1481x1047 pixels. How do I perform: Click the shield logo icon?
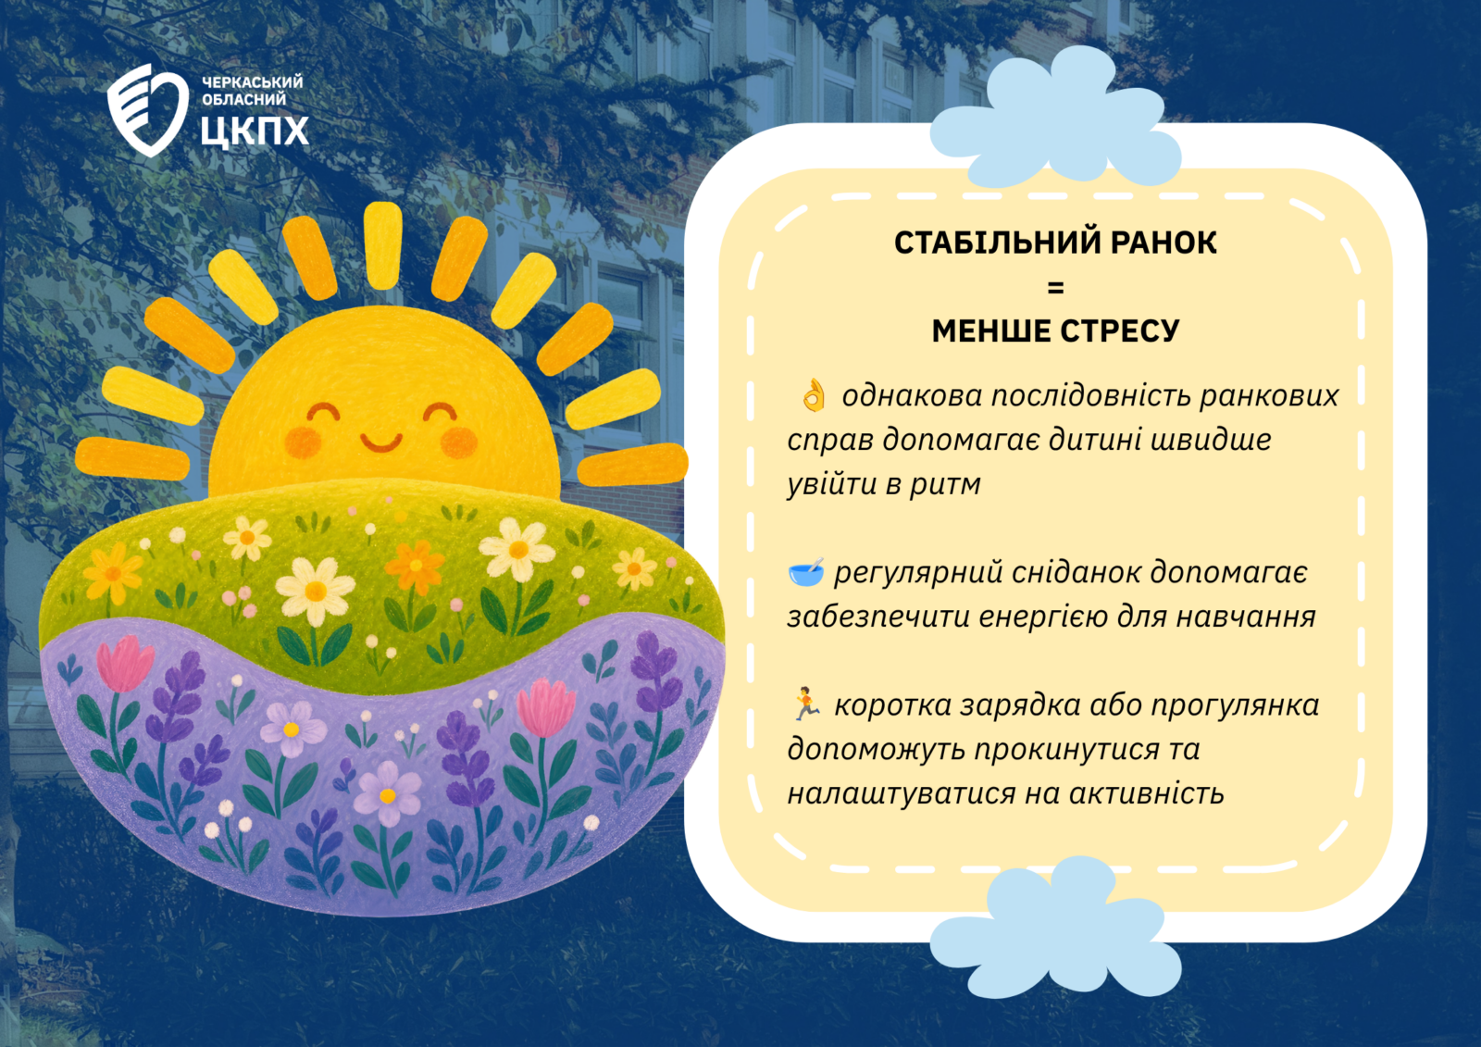click(x=147, y=110)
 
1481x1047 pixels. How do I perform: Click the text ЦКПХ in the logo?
click(x=255, y=131)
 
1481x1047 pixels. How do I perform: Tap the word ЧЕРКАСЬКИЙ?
click(x=252, y=82)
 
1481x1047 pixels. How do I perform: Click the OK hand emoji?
click(x=814, y=395)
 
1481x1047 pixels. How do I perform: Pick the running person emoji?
click(x=806, y=704)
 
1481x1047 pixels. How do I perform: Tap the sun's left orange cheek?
click(x=303, y=442)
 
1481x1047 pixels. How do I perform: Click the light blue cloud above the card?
click(x=1055, y=118)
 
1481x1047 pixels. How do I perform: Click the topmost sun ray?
click(x=383, y=245)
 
